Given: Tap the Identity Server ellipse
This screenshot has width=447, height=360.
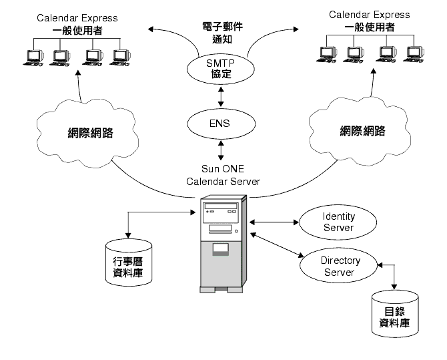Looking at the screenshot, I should pyautogui.click(x=338, y=222).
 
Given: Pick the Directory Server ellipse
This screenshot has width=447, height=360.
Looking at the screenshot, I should pyautogui.click(x=340, y=265).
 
